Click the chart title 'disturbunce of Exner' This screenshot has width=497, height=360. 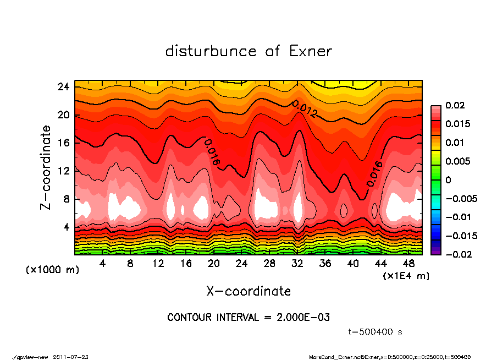click(248, 51)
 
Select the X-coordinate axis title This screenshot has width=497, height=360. click(248, 291)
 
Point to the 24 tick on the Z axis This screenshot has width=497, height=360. click(64, 86)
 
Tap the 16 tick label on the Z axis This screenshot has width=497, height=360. click(64, 143)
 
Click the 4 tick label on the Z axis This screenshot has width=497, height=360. click(67, 227)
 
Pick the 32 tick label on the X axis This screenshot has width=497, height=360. click(297, 264)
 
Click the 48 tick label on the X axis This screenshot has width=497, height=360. click(408, 264)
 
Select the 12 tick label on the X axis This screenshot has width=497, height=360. click(158, 264)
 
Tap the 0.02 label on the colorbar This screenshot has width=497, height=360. click(455, 105)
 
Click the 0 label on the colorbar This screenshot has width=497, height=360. click(448, 180)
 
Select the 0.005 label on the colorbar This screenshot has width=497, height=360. click(457, 161)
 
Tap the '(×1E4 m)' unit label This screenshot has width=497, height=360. click(406, 275)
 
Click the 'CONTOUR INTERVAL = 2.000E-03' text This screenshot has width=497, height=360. click(248, 318)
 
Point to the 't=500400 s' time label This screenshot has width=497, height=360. click(375, 332)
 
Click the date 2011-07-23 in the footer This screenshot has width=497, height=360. click(71, 357)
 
